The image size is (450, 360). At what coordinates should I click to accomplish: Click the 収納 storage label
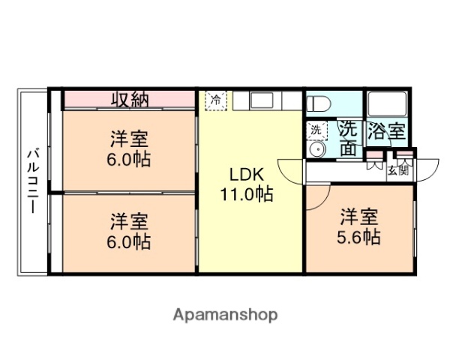130,99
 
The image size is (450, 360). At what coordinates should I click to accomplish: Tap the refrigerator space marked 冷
216,100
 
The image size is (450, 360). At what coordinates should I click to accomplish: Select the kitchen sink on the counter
262,100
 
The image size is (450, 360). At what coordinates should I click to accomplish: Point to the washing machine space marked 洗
316,130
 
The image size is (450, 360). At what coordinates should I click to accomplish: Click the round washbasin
317,150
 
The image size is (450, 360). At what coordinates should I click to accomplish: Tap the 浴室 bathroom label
386,132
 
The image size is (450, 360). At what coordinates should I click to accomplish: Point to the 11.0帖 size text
246,194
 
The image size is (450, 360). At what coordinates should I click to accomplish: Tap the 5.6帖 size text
358,238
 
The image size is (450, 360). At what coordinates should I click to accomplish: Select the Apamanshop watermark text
224,313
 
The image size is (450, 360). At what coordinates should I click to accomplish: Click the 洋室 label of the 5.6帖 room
358,217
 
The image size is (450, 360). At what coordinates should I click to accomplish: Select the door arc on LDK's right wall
290,169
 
